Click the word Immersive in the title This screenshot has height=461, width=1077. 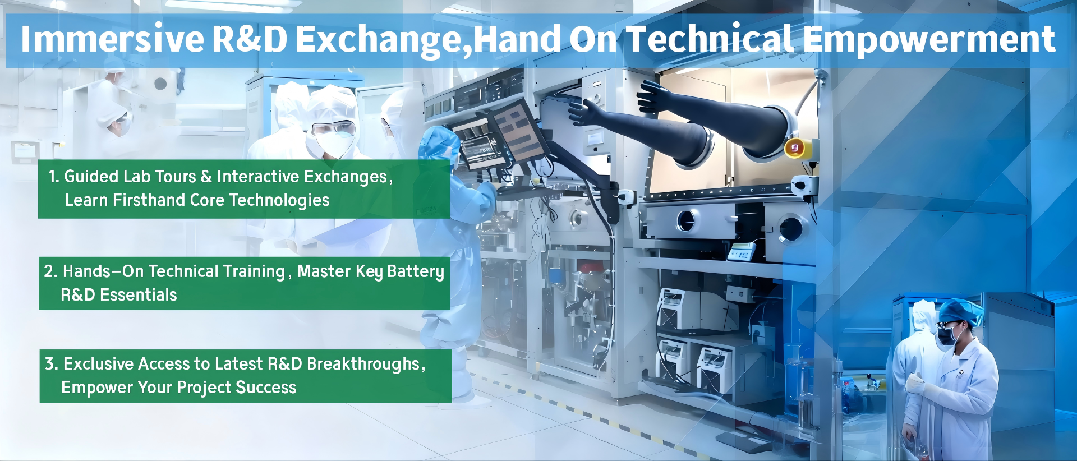pyautogui.click(x=112, y=39)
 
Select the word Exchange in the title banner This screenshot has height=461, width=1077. pyautogui.click(x=381, y=40)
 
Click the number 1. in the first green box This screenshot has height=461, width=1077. pyautogui.click(x=53, y=177)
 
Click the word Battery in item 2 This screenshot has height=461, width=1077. pyautogui.click(x=416, y=272)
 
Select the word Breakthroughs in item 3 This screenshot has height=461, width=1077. pyautogui.click(x=363, y=365)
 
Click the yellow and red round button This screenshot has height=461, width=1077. pyautogui.click(x=795, y=148)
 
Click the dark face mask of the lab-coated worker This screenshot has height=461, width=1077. pyautogui.click(x=947, y=335)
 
